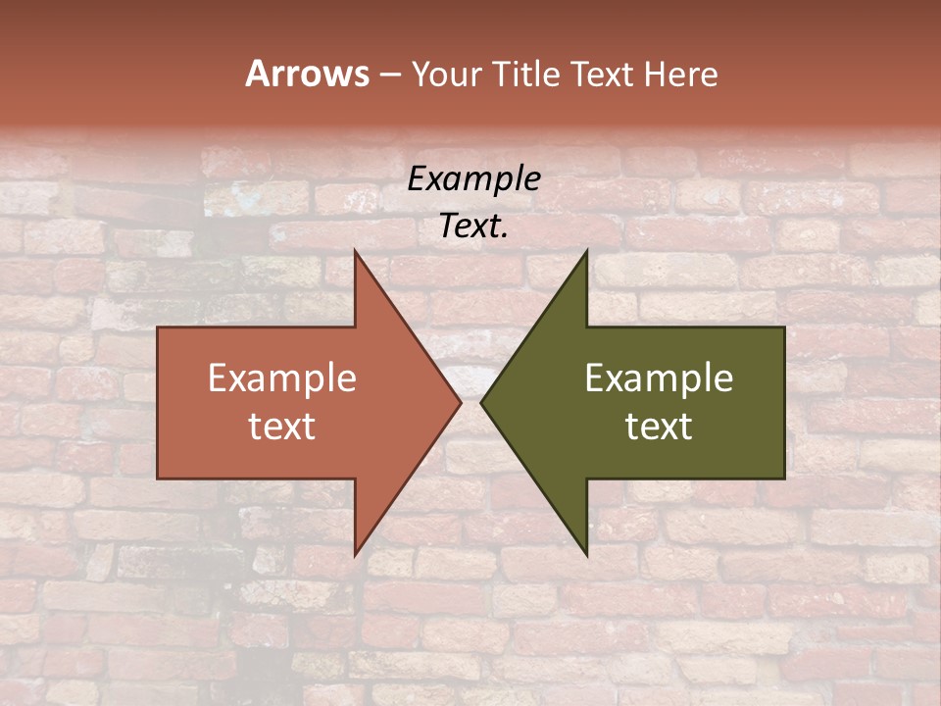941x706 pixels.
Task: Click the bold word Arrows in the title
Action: [307, 74]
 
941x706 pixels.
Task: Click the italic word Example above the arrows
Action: [473, 178]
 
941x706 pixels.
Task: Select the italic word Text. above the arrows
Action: [473, 227]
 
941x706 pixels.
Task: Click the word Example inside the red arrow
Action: [281, 378]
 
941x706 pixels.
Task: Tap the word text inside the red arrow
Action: [281, 427]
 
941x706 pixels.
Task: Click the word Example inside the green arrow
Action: [659, 378]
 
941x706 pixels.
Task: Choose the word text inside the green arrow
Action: [659, 427]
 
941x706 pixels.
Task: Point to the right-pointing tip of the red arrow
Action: [461, 402]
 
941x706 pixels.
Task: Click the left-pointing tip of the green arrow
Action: [481, 402]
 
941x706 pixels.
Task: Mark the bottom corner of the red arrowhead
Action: [355, 555]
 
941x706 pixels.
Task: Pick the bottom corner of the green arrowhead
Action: [586, 555]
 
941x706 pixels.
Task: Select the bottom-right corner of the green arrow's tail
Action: [784, 479]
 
